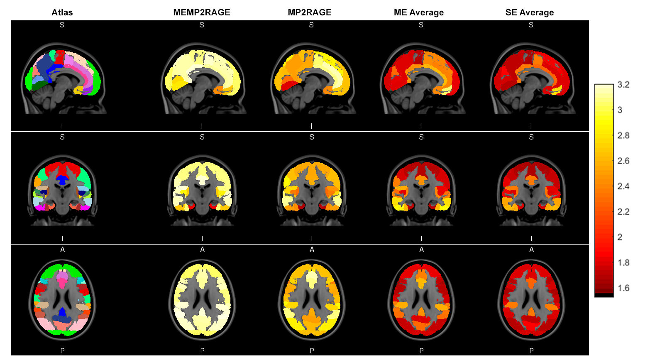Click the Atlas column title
click(x=62, y=12)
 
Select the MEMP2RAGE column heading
click(x=202, y=12)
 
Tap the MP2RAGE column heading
click(x=310, y=12)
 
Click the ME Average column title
click(x=419, y=12)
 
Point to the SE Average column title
click(x=530, y=12)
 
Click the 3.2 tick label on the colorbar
click(x=623, y=85)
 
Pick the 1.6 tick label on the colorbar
click(x=623, y=288)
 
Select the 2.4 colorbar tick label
click(x=623, y=186)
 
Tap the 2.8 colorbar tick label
click(x=623, y=135)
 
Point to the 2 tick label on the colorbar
click(x=620, y=237)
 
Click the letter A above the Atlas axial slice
click(x=63, y=250)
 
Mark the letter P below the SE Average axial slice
click(x=532, y=351)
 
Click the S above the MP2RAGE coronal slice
click(x=312, y=137)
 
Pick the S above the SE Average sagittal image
click(x=531, y=25)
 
